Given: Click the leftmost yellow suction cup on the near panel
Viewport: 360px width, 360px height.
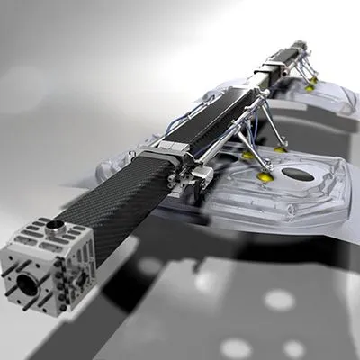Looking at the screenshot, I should point(247,155).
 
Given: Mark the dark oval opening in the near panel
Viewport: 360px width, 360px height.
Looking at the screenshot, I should point(297,174).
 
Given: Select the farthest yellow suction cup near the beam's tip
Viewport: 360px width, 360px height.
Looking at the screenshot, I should point(311,86).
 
